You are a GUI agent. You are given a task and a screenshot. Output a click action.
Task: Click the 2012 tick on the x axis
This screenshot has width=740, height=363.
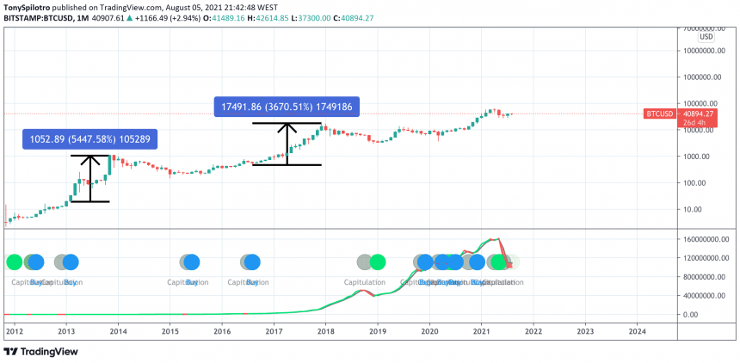(x=14, y=330)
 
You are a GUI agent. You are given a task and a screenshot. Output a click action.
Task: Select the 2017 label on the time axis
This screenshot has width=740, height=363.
(x=274, y=330)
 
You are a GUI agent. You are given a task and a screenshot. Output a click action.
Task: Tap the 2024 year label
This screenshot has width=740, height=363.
(x=638, y=330)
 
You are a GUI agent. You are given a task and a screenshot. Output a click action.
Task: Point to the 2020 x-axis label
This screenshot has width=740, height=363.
(x=429, y=330)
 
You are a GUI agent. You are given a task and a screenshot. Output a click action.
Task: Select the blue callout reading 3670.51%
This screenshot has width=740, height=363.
(x=287, y=107)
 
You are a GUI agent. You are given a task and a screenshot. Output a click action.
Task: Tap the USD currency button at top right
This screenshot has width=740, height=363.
(x=706, y=37)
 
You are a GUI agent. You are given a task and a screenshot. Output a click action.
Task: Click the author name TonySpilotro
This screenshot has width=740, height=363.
(x=33, y=5)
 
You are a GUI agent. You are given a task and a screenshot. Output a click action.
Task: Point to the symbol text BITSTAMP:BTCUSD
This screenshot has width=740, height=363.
(x=43, y=17)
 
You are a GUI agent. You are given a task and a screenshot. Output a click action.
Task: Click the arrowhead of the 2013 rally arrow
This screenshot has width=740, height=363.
(x=90, y=158)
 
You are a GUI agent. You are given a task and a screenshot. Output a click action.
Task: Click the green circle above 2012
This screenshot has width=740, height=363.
(x=14, y=262)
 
